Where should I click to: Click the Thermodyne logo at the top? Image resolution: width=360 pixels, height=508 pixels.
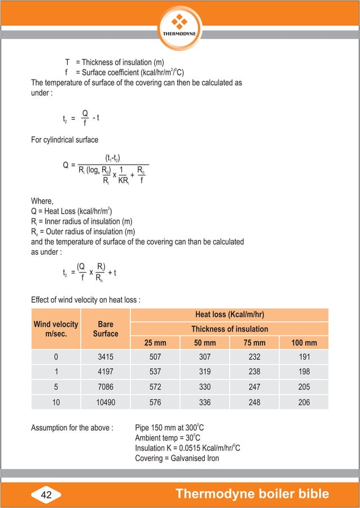179,24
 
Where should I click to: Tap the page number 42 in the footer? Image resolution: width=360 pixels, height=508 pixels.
46,494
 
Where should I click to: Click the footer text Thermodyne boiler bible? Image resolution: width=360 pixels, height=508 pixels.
252,494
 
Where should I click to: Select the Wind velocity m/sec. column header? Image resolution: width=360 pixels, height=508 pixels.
56,329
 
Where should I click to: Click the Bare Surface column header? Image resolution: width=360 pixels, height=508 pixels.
106,329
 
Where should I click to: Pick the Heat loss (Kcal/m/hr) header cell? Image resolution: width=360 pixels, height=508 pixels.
229,315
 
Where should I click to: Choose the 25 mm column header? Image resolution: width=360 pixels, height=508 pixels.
155,343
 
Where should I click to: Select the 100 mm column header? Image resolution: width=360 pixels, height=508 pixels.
304,343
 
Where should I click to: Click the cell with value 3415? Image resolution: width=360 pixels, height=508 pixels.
106,357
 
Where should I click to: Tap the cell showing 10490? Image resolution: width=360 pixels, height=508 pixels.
106,401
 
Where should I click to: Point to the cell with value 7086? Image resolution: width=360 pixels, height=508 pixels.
106,387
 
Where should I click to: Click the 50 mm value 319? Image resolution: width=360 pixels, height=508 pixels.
204,372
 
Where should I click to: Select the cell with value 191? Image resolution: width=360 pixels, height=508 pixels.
304,357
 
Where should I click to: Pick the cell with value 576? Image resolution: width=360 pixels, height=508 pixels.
155,401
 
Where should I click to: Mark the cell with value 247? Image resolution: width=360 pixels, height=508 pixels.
254,387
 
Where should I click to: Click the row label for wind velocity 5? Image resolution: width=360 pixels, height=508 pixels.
56,387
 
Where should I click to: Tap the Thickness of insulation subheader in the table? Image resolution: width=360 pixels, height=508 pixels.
229,329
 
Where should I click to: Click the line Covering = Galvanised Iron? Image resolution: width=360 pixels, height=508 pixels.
177,458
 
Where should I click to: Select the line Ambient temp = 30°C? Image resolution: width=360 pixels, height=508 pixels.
168,438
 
